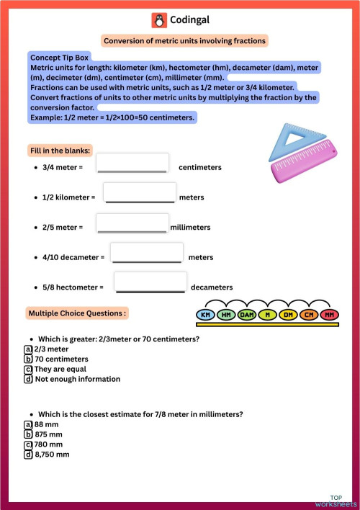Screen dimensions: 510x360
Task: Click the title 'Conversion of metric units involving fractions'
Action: (185, 41)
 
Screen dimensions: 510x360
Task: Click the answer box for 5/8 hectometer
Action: (150, 283)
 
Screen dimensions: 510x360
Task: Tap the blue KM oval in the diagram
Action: (206, 315)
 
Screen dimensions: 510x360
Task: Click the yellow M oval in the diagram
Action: (267, 315)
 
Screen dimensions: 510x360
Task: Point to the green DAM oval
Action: (247, 315)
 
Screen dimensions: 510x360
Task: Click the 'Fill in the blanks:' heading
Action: (60, 151)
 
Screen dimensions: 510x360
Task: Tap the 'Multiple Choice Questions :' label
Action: (77, 313)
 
